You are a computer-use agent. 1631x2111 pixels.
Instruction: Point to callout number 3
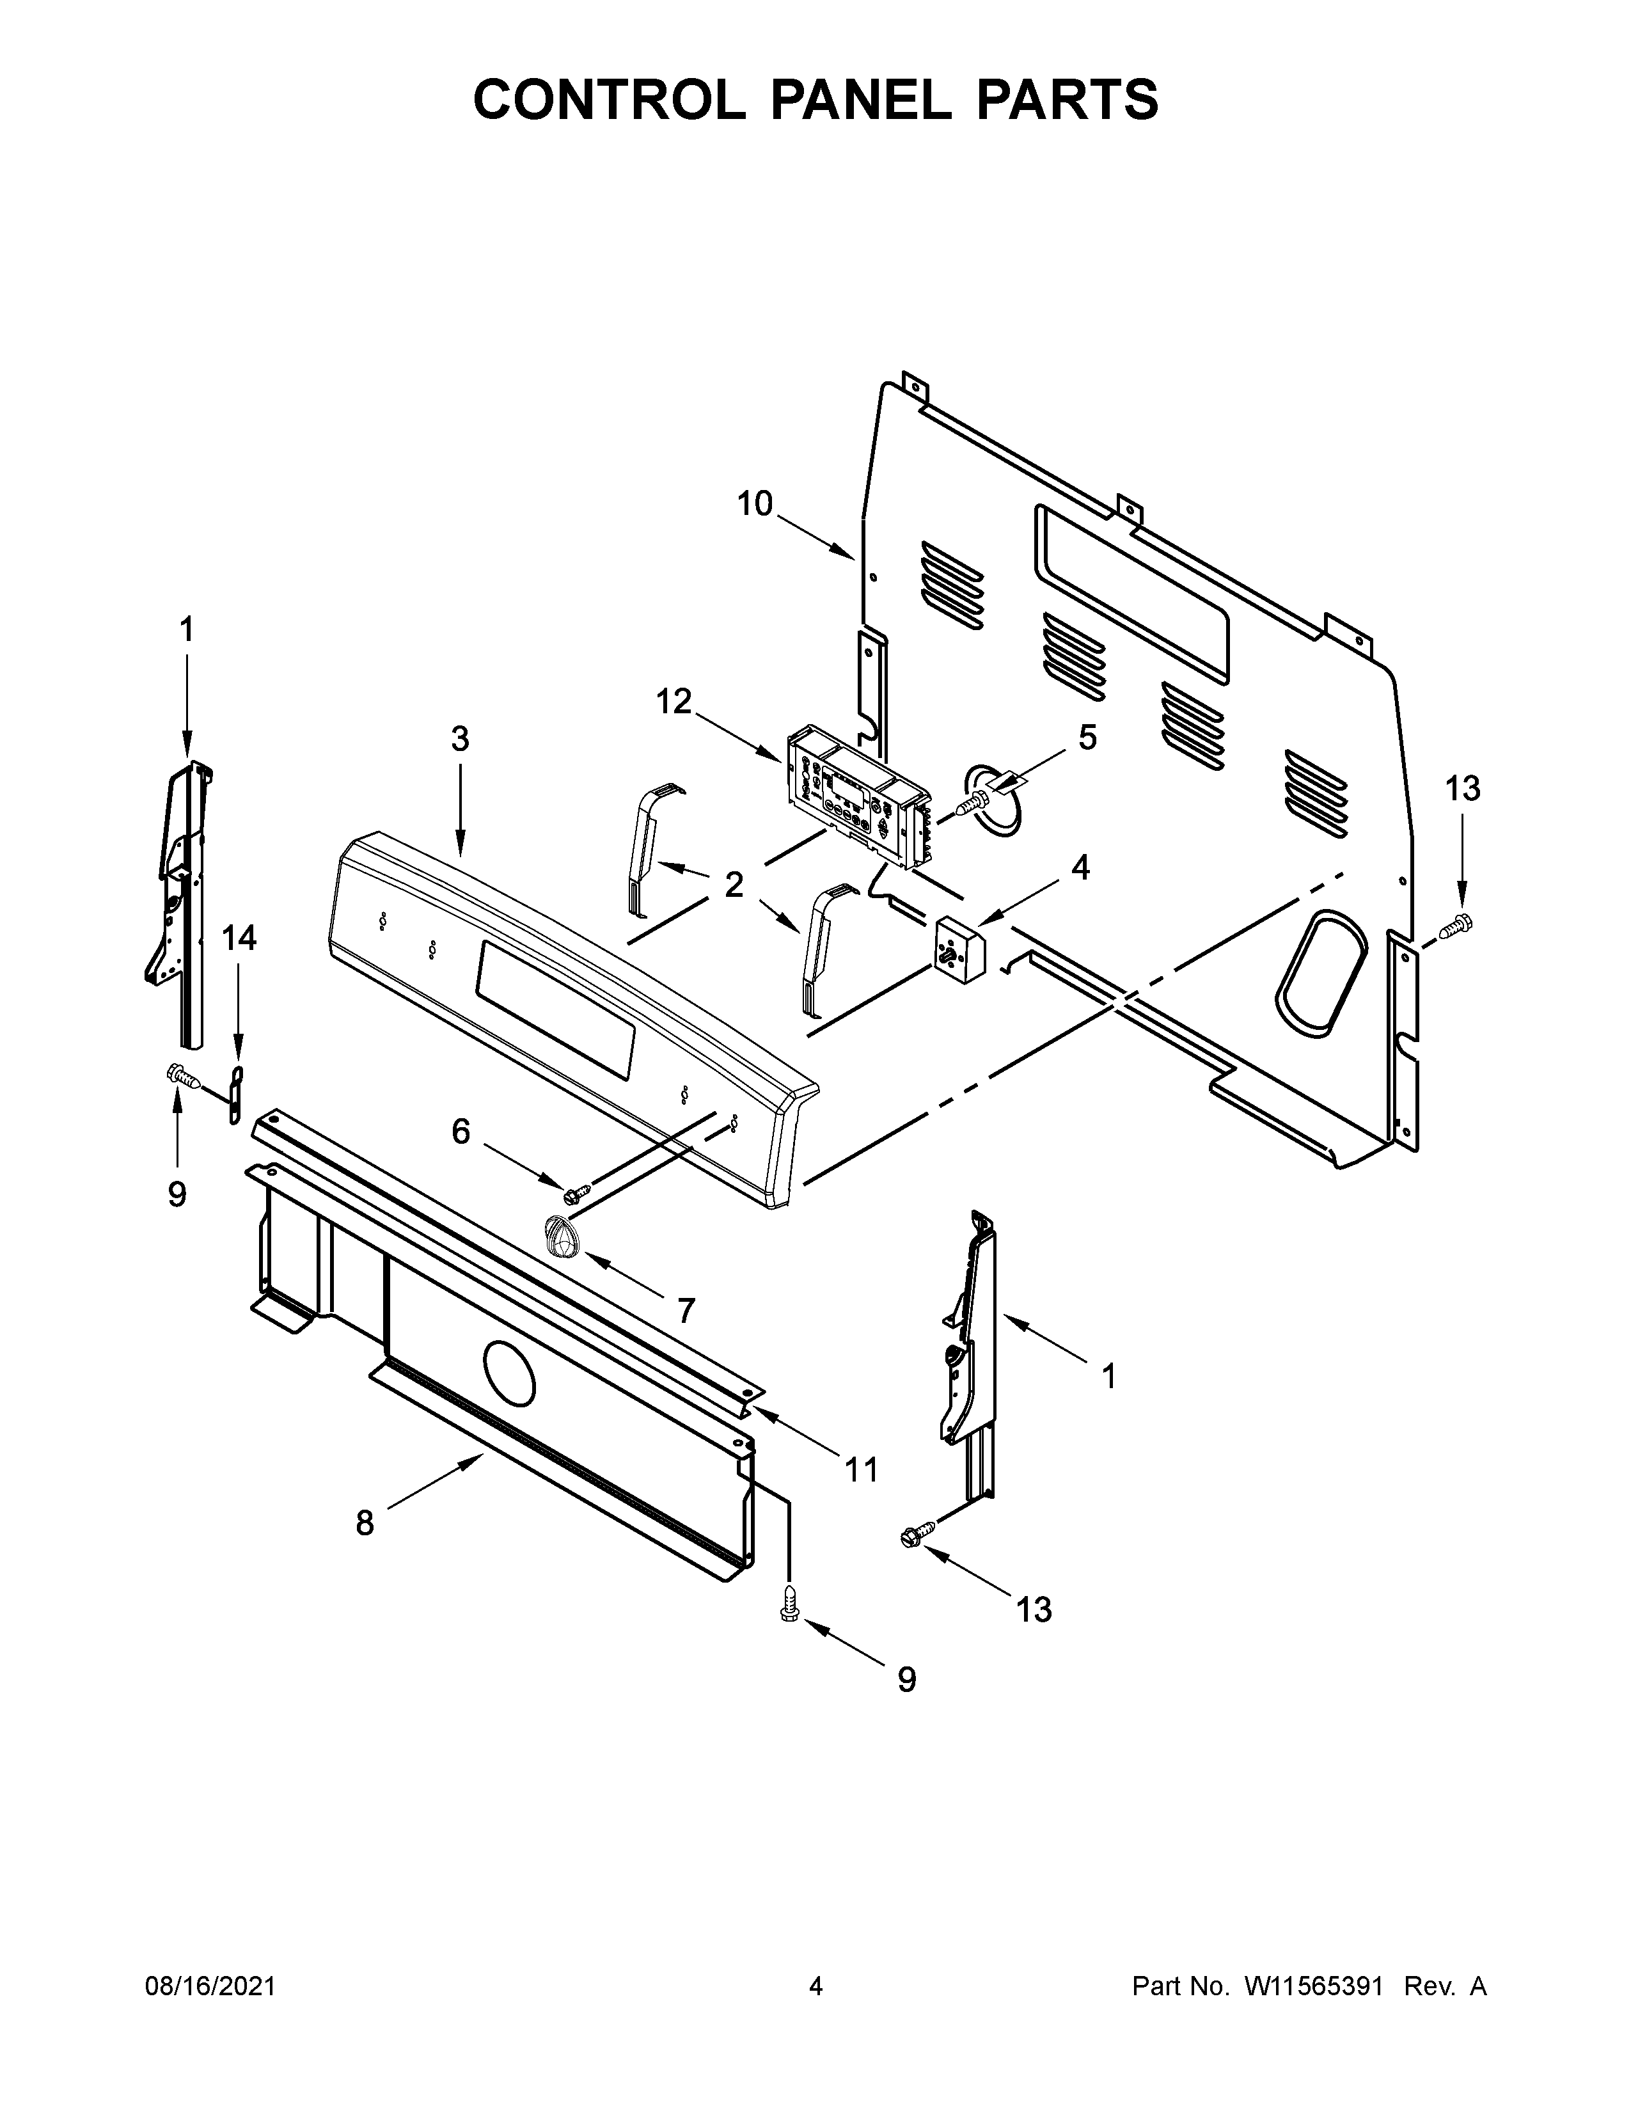pos(460,738)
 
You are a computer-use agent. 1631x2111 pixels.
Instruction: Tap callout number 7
pos(685,1311)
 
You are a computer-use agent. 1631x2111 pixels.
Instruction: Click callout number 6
pos(461,1131)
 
